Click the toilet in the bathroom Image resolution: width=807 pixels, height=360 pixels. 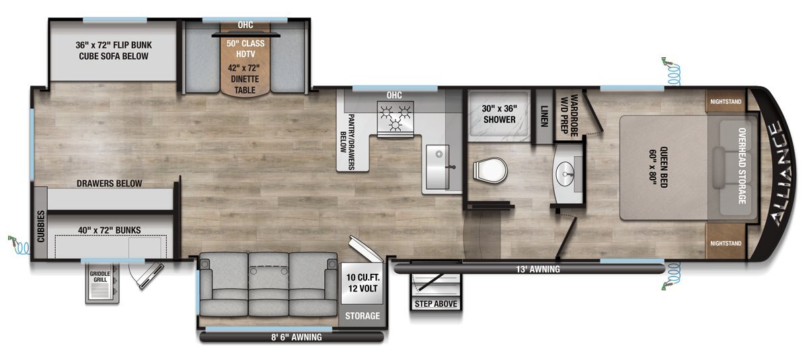[x=490, y=170]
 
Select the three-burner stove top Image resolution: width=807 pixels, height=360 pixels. [x=395, y=119]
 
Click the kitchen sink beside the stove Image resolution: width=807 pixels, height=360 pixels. [x=437, y=166]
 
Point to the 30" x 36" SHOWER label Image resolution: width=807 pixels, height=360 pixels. [x=499, y=114]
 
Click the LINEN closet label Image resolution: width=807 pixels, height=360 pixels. [x=544, y=116]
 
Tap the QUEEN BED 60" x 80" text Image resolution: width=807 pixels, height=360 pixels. [x=658, y=167]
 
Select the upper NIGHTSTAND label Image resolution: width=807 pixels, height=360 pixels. [x=726, y=102]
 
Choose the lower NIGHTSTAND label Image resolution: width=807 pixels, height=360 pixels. [x=726, y=244]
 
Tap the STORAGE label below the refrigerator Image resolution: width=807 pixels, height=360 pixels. [x=362, y=316]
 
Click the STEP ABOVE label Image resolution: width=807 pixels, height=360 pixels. [x=436, y=303]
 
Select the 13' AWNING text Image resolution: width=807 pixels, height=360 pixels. [x=538, y=269]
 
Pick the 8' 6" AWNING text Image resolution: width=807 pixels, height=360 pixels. [x=296, y=337]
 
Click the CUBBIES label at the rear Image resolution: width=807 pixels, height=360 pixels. [x=41, y=226]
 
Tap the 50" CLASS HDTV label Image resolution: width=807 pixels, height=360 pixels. [x=245, y=48]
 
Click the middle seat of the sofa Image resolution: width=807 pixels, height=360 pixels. [x=268, y=285]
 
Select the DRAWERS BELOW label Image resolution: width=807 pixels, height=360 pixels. [x=109, y=184]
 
